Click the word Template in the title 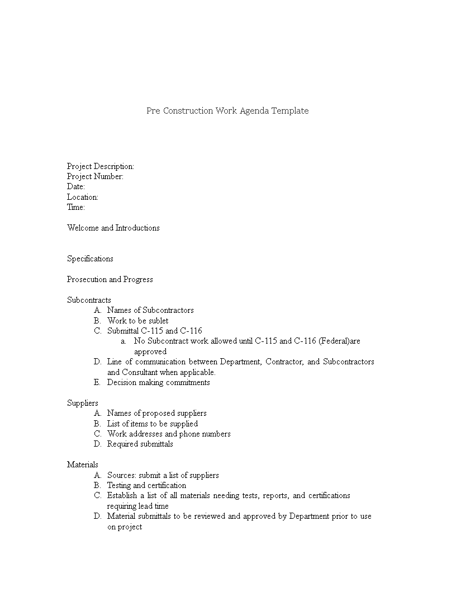[290, 111]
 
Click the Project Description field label [101, 166]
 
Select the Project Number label [95, 176]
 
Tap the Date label [76, 186]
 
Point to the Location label [83, 197]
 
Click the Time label [76, 207]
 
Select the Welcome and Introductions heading [113, 228]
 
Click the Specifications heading [90, 259]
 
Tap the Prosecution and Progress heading [110, 279]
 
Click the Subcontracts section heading [89, 300]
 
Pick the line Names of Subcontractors [150, 310]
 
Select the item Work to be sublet [137, 321]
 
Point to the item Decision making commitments [159, 382]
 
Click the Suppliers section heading [83, 403]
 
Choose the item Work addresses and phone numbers [169, 434]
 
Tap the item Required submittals [140, 444]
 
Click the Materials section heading [83, 465]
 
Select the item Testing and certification [146, 485]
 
